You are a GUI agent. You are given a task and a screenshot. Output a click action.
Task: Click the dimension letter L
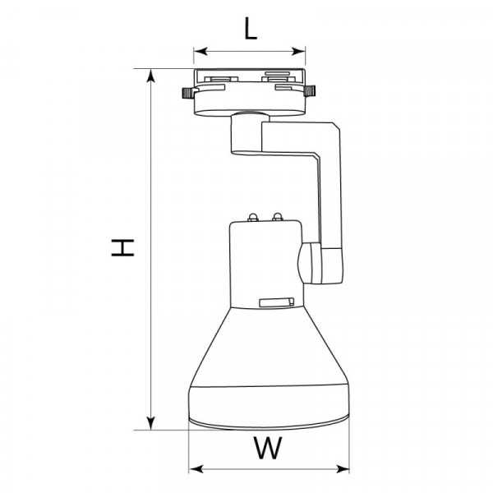pyautogui.click(x=251, y=28)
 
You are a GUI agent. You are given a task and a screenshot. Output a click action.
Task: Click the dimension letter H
pyautogui.click(x=122, y=247)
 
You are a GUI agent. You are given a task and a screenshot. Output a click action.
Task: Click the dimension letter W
pyautogui.click(x=268, y=448)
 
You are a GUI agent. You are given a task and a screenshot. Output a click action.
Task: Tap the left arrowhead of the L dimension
pyautogui.click(x=200, y=51)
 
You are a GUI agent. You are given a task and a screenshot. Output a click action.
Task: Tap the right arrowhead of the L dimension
pyautogui.click(x=298, y=51)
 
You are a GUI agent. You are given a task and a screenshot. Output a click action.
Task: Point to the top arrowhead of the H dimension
pyautogui.click(x=151, y=76)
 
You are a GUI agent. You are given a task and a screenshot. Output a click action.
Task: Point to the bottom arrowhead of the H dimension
pyautogui.click(x=151, y=423)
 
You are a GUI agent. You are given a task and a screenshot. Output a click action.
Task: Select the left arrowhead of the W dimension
pyautogui.click(x=196, y=469)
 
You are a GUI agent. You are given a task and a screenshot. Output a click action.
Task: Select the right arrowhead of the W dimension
pyautogui.click(x=343, y=469)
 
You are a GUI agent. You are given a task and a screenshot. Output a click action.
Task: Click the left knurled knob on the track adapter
pyautogui.click(x=187, y=93)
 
